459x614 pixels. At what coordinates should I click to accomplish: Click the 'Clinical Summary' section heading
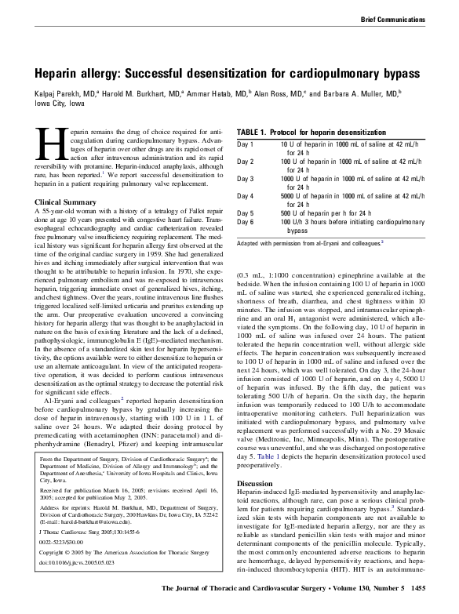click(63, 202)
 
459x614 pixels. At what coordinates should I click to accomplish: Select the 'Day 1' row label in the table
click(246, 146)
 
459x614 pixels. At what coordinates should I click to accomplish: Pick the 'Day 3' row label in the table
click(246, 178)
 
